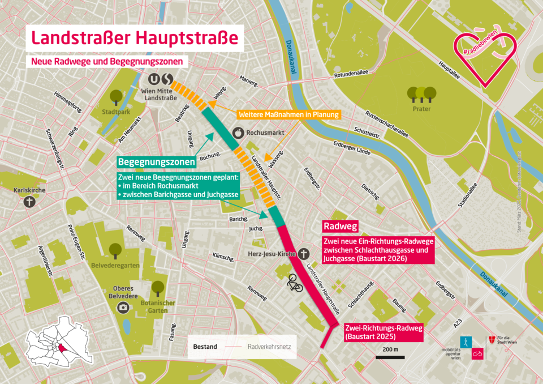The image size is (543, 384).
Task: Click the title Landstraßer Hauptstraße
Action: [x=136, y=38]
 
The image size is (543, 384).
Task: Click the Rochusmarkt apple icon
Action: [x=238, y=134]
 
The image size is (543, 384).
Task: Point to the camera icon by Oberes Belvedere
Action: [x=123, y=307]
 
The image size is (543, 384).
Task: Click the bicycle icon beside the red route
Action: [x=295, y=283]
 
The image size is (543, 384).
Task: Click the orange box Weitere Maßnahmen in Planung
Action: [x=288, y=114]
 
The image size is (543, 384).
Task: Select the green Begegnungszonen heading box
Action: [x=157, y=162]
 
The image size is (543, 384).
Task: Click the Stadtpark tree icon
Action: [x=116, y=97]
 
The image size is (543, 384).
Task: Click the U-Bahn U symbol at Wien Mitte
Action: [x=154, y=78]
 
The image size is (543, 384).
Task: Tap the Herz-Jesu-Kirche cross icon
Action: [x=304, y=253]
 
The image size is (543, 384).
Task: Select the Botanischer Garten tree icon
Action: [x=158, y=288]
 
